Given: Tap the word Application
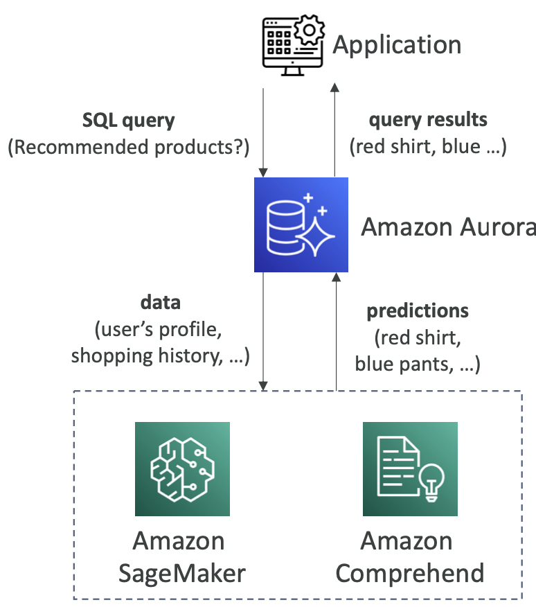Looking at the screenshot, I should click(397, 46).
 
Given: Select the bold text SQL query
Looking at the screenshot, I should click(129, 121).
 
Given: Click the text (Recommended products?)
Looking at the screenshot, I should click(129, 147).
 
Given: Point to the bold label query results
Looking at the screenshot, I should click(428, 120).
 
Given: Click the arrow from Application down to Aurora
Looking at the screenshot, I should click(263, 132).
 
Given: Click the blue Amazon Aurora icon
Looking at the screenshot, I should click(301, 225).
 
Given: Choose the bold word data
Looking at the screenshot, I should click(160, 302).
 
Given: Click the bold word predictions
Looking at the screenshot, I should click(418, 310).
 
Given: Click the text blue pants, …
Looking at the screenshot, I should click(418, 364).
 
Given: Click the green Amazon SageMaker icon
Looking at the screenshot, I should click(182, 468).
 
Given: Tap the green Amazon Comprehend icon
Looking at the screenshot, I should click(410, 468).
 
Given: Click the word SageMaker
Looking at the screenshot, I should click(182, 573).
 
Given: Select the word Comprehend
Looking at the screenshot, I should click(410, 573).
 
